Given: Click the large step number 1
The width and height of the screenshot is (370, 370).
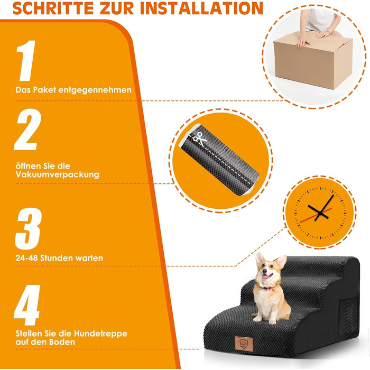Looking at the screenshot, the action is (x=26, y=61).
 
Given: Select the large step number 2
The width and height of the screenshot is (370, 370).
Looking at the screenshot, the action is (x=27, y=129).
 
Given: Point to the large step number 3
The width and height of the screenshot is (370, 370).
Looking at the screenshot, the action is (x=29, y=229).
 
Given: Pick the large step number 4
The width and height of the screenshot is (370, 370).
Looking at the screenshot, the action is (x=27, y=305).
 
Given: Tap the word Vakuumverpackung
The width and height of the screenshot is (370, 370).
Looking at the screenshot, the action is (x=57, y=174).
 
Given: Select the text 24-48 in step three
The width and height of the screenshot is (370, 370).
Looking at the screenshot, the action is (x=26, y=258).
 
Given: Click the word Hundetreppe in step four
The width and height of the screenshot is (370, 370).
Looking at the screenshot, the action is (x=100, y=334).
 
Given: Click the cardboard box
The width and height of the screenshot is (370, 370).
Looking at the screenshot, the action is (x=313, y=61).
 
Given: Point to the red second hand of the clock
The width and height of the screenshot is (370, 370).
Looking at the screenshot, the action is (x=316, y=215).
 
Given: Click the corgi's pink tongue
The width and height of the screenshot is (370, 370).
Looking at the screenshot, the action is (x=265, y=277).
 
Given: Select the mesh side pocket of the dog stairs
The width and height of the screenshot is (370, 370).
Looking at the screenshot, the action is (x=349, y=316).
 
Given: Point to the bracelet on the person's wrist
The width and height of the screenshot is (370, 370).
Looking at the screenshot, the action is (x=328, y=32).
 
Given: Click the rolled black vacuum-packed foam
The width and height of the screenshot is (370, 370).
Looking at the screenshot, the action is (x=219, y=160).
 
